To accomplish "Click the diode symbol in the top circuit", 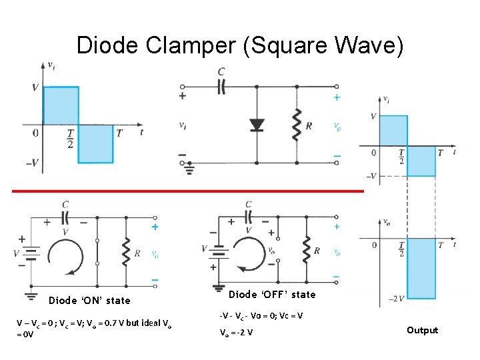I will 257,125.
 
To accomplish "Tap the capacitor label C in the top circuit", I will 221,71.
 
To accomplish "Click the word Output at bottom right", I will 422,330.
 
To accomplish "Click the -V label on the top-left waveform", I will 31,163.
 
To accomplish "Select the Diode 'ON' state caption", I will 89,301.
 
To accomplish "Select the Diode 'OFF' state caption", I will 272,294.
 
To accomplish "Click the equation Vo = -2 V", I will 235,333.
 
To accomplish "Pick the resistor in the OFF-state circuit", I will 306,249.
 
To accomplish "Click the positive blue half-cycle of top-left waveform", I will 61,105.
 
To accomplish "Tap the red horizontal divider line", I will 187,191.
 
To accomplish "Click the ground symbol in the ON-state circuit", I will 31,293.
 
